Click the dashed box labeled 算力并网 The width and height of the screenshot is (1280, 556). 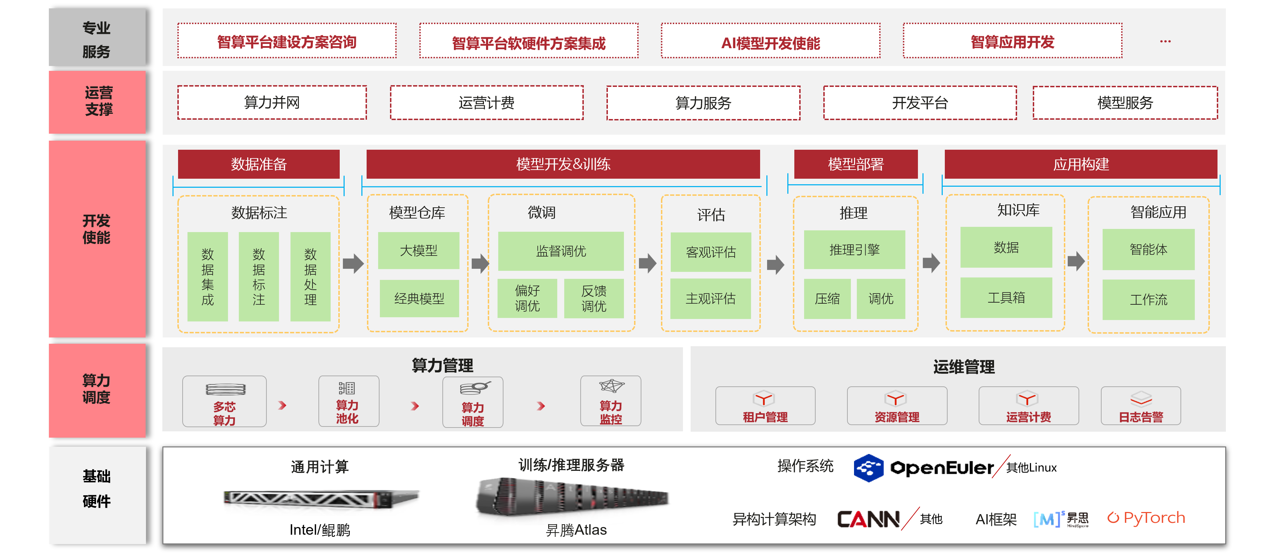(272, 102)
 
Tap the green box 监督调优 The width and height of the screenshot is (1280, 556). (560, 251)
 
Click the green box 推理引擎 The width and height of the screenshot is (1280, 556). (854, 250)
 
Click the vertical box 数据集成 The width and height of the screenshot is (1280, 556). (208, 276)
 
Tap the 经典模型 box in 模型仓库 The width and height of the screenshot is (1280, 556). (419, 298)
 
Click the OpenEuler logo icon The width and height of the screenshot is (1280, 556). (868, 468)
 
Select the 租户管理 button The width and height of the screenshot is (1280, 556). (765, 406)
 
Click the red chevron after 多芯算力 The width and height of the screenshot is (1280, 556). (282, 406)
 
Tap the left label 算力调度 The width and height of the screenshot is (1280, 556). (97, 389)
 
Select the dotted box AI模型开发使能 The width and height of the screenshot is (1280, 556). (770, 42)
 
